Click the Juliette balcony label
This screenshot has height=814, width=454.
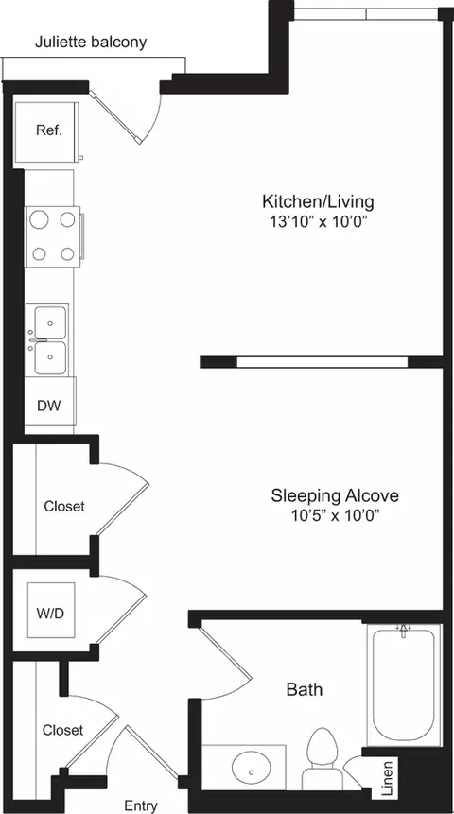click(91, 43)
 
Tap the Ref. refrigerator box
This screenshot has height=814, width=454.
click(49, 130)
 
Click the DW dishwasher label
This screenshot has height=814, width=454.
click(48, 407)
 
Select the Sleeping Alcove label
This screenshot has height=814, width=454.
click(335, 495)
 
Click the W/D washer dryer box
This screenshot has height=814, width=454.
click(50, 613)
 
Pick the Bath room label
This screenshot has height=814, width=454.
click(304, 689)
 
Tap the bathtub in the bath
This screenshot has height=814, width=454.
click(403, 683)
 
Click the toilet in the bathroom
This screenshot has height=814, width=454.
click(323, 757)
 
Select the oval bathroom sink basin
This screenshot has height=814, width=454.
click(250, 764)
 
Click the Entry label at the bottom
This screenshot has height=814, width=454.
click(141, 805)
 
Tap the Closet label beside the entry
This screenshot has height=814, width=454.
click(63, 730)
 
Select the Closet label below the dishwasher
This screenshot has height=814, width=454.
click(64, 506)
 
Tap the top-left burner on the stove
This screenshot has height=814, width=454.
click(40, 219)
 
